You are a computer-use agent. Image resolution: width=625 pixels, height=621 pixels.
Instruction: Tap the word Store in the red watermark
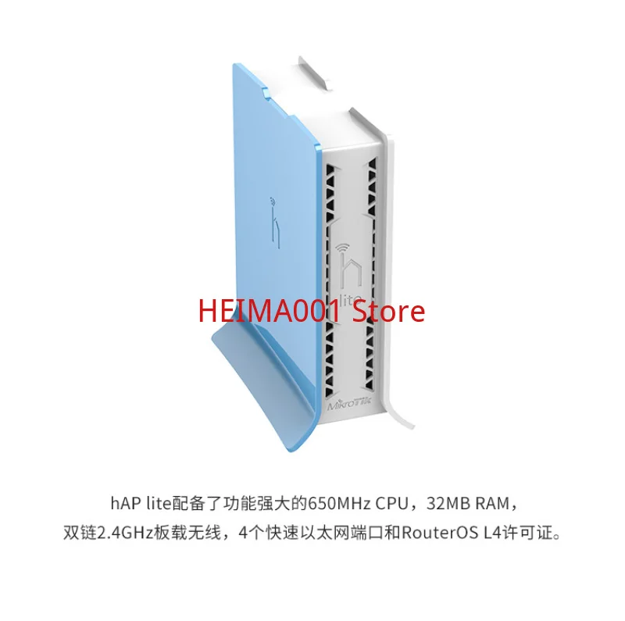pyautogui.click(x=389, y=312)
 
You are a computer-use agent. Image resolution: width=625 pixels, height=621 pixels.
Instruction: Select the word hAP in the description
pyautogui.click(x=121, y=501)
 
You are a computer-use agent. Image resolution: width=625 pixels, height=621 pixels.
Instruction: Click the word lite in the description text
pyautogui.click(x=153, y=501)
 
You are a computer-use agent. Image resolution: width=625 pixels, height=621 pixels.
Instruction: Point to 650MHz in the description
pyautogui.click(x=337, y=501)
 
